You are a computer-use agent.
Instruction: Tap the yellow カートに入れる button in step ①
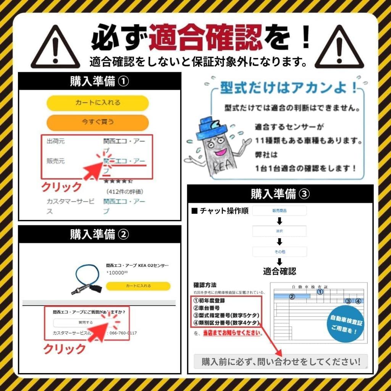97,103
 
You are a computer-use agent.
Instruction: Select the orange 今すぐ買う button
97,123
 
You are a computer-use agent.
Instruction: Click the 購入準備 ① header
99,81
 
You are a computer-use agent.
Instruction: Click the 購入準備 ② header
99,234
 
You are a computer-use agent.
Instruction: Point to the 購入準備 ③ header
280,194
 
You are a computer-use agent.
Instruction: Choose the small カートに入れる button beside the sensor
138,286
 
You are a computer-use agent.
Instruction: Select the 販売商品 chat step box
279,211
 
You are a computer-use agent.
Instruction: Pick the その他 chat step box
279,252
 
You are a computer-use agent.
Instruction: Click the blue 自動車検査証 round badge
347,324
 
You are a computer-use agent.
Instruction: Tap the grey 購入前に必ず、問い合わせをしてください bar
281,361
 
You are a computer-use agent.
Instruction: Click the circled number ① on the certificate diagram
320,292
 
